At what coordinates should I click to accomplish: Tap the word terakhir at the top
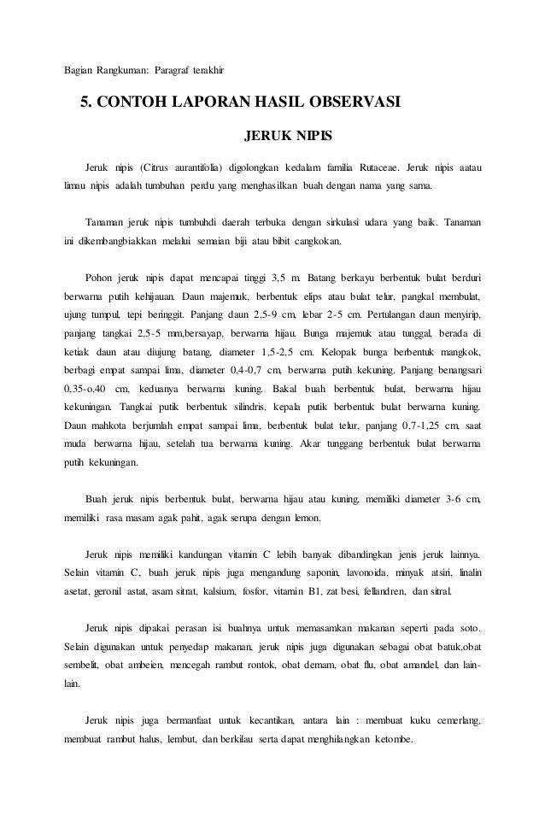coord(206,68)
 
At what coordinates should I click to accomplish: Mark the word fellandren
coord(378,590)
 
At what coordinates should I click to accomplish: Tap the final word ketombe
coord(392,737)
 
